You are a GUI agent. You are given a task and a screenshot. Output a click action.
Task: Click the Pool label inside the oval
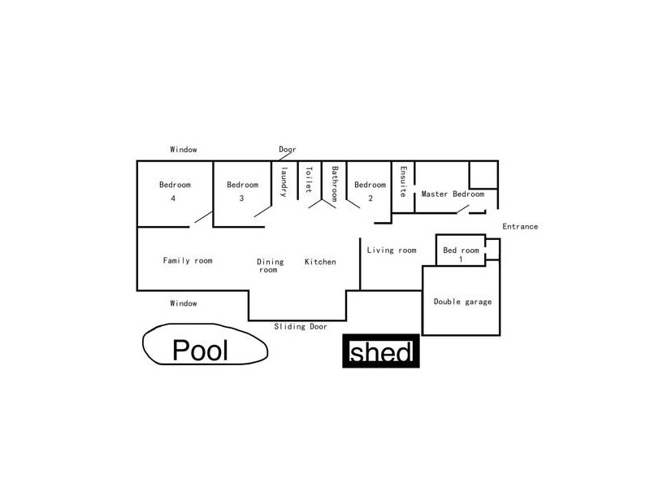[201, 351]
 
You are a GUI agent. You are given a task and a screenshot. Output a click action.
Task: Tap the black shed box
[381, 353]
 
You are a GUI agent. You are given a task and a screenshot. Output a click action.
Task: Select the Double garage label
[462, 302]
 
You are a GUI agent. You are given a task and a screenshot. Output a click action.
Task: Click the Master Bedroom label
[453, 194]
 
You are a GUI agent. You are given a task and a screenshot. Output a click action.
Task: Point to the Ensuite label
[402, 181]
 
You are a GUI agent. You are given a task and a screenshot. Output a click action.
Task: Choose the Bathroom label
[334, 184]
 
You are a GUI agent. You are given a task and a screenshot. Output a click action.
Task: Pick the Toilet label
[309, 180]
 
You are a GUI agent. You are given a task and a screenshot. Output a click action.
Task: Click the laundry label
[284, 181]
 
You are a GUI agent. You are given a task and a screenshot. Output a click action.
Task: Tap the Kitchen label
[320, 262]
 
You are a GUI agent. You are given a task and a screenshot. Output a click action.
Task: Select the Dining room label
[271, 265]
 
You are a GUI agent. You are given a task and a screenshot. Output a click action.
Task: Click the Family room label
[188, 261]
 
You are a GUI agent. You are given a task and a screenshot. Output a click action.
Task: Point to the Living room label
[392, 251]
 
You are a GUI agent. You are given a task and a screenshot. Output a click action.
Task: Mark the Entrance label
[520, 226]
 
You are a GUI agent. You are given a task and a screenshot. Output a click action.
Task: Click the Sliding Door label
[300, 326]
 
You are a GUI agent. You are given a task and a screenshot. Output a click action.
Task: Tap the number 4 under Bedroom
[173, 198]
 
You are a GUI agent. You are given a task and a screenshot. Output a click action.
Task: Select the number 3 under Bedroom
[241, 198]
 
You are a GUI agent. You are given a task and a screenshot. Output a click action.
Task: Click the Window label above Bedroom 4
[184, 150]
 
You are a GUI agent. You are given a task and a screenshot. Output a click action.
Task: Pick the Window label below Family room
[184, 303]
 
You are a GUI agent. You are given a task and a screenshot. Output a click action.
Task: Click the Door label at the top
[288, 150]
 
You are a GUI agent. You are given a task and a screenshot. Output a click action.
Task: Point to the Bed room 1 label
[461, 254]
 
